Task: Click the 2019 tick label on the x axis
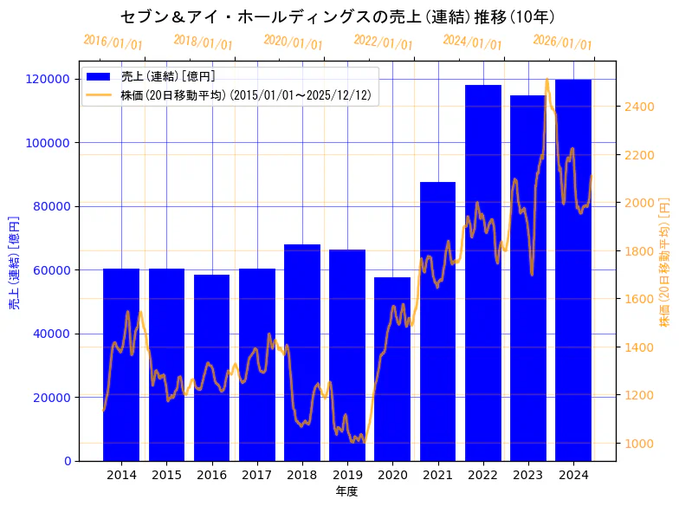347,475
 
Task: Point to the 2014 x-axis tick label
121,475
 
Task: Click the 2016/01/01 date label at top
113,42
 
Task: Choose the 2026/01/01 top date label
563,42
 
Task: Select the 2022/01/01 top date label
384,42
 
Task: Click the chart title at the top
338,16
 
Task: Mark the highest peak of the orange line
546,80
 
